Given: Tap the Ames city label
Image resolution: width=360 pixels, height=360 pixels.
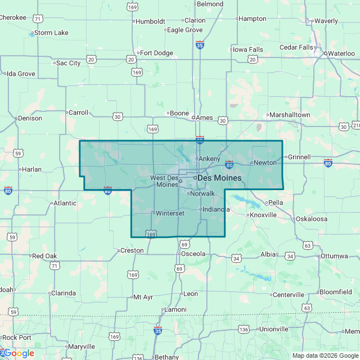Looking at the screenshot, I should (204, 118).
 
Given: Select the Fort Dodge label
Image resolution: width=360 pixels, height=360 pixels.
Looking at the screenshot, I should (156, 53).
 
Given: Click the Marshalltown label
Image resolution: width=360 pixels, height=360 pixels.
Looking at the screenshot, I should (289, 115).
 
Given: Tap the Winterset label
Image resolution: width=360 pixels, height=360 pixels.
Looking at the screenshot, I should (170, 214).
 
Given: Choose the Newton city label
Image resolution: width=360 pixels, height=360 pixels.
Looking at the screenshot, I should (265, 163).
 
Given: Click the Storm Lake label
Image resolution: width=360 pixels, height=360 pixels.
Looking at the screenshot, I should (51, 33).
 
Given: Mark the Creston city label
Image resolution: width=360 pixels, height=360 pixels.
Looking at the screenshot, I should (132, 250).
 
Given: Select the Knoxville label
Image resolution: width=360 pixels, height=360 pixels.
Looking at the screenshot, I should (263, 215).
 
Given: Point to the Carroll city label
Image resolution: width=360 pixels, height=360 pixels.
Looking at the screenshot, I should (78, 112).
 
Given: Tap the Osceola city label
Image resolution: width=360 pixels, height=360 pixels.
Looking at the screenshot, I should (192, 254).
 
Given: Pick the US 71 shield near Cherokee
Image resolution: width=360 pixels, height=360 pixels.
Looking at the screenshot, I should (38, 19).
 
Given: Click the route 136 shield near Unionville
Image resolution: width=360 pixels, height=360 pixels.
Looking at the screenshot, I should (244, 329).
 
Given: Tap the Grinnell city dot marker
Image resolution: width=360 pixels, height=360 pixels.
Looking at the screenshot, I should (285, 157).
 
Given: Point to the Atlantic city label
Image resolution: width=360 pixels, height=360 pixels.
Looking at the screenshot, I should (65, 203).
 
